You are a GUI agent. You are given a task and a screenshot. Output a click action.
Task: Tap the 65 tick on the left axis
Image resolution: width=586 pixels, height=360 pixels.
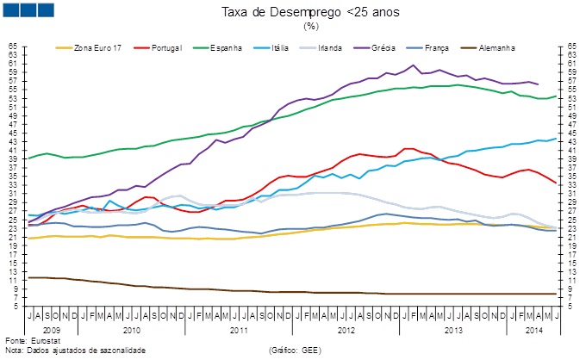(x=13, y=46)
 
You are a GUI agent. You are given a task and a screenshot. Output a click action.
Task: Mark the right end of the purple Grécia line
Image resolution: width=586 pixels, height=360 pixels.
(x=539, y=84)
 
